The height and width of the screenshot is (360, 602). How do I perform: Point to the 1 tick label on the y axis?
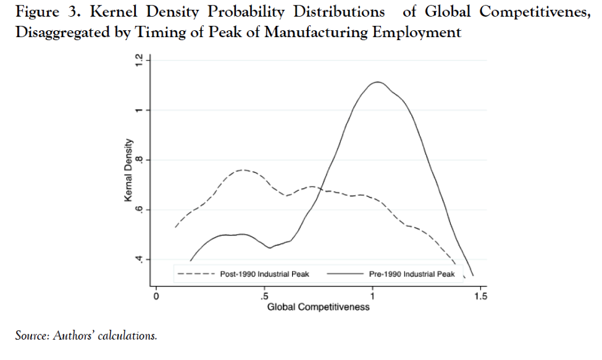[x=140, y=111]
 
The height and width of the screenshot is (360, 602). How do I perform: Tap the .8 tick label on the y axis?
[x=140, y=160]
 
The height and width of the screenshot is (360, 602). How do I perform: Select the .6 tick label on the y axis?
[x=140, y=210]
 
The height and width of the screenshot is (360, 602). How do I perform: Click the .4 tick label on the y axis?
[x=140, y=259]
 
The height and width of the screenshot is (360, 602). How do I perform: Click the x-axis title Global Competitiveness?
[x=318, y=307]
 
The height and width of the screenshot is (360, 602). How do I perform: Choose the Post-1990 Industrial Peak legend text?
[x=264, y=274]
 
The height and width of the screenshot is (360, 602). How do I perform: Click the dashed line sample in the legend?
[x=195, y=274]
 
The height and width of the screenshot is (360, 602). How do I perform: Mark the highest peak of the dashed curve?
[x=242, y=169]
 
